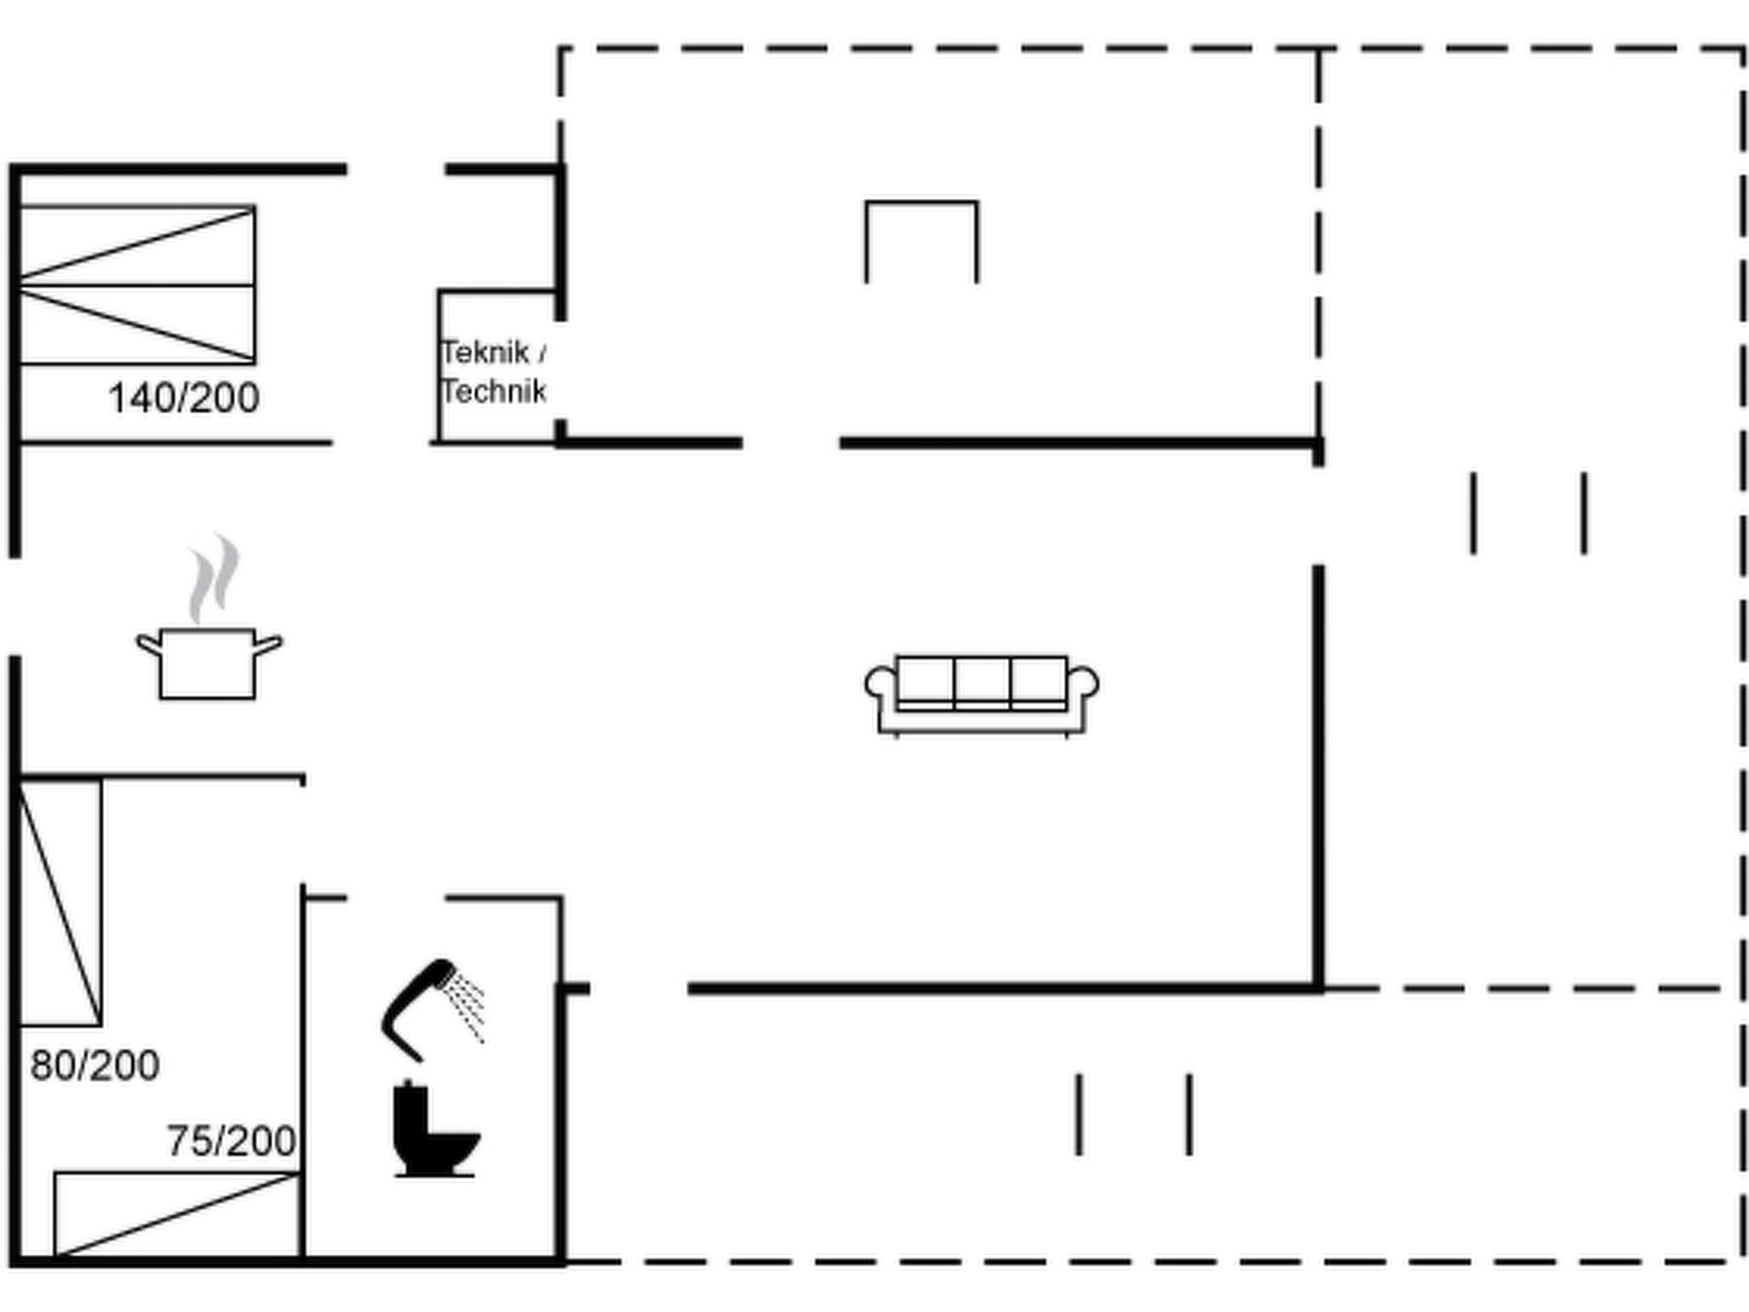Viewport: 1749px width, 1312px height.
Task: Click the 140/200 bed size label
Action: click(184, 398)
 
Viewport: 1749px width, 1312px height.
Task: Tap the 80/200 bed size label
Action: click(95, 1065)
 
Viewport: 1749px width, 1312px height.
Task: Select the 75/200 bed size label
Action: click(231, 1140)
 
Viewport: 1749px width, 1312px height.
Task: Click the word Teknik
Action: click(484, 352)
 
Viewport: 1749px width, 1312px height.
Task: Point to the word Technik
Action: click(494, 391)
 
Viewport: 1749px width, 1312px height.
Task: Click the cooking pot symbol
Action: click(208, 664)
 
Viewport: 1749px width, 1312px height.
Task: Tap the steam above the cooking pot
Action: click(214, 578)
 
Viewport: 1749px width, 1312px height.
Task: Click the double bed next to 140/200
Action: click(137, 284)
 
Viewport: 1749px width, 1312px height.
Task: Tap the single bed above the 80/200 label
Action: click(60, 902)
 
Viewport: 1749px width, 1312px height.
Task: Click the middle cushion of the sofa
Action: click(982, 681)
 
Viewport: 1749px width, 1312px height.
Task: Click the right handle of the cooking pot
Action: click(268, 645)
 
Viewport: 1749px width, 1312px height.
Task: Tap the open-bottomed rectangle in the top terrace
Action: click(921, 202)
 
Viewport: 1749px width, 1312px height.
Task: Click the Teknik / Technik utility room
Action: click(500, 367)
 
